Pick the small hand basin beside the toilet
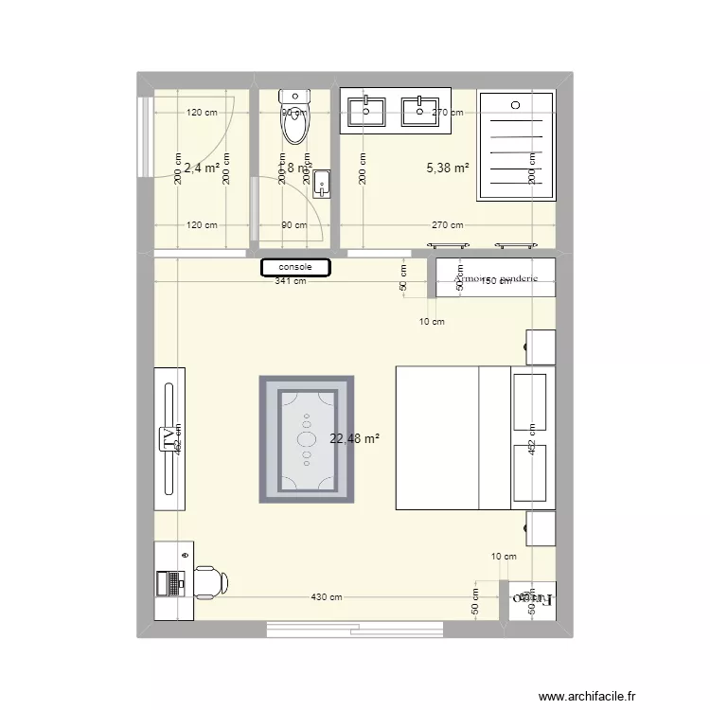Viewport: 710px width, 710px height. coord(322,182)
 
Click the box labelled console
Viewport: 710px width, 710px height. coord(295,268)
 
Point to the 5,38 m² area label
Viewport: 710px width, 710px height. coord(448,169)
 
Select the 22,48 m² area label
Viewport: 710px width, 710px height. coord(354,438)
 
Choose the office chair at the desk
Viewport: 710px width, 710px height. coord(212,580)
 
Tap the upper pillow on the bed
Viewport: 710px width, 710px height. coord(530,397)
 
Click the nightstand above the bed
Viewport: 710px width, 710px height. coord(541,346)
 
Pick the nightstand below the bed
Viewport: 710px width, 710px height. coord(541,528)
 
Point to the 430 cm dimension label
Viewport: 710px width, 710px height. coord(327,597)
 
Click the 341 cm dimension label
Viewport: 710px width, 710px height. coord(290,281)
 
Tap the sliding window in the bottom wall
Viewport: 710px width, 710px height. coord(354,627)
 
